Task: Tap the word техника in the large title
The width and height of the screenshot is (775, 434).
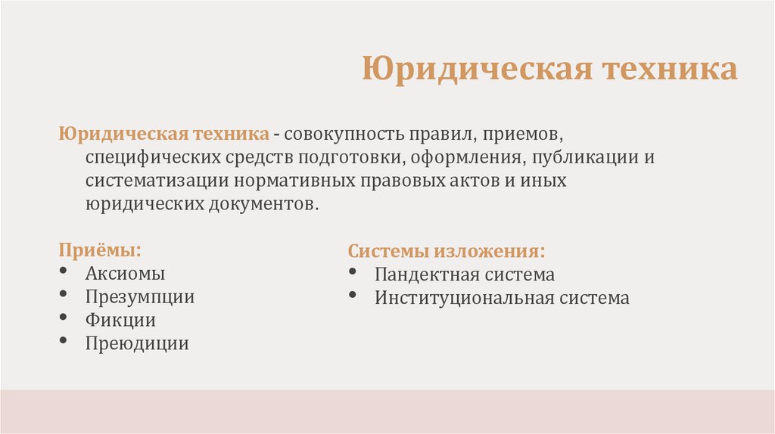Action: click(x=669, y=69)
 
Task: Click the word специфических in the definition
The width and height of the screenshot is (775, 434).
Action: click(x=153, y=159)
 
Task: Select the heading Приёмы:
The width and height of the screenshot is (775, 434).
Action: click(x=100, y=250)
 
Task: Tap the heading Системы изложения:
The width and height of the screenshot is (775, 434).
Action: click(x=447, y=251)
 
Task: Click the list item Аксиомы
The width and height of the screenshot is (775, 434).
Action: click(x=125, y=274)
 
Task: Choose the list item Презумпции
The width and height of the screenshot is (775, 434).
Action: click(x=139, y=297)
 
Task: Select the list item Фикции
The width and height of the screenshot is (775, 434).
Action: click(x=120, y=321)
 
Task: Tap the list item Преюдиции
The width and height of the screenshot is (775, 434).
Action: click(x=136, y=344)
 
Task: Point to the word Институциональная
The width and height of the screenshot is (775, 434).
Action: click(x=464, y=298)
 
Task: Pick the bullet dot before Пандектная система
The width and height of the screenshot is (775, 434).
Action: click(x=354, y=271)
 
